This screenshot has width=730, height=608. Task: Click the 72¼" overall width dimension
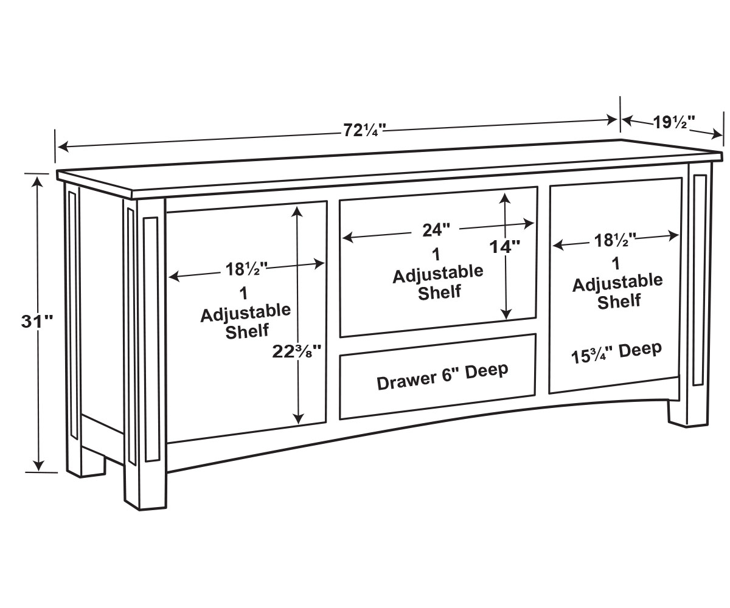pos(364,130)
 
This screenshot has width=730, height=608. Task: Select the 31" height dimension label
pos(36,322)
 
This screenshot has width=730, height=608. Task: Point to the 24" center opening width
pos(436,230)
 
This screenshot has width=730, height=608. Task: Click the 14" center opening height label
pos(504,247)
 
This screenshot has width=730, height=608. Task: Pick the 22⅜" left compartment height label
pos(296,352)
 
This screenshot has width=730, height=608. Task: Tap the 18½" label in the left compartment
pos(246,269)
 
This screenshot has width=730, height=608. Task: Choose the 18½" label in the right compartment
pos(615,240)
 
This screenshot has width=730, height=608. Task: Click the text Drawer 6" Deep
pos(442,377)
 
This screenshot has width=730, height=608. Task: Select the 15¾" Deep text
pos(616,353)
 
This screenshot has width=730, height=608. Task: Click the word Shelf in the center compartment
pos(439,292)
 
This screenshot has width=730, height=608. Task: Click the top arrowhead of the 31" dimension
pos(37,182)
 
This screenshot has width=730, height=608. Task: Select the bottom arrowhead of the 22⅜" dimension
pos(298,419)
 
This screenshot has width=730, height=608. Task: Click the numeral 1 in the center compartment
pos(436,255)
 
